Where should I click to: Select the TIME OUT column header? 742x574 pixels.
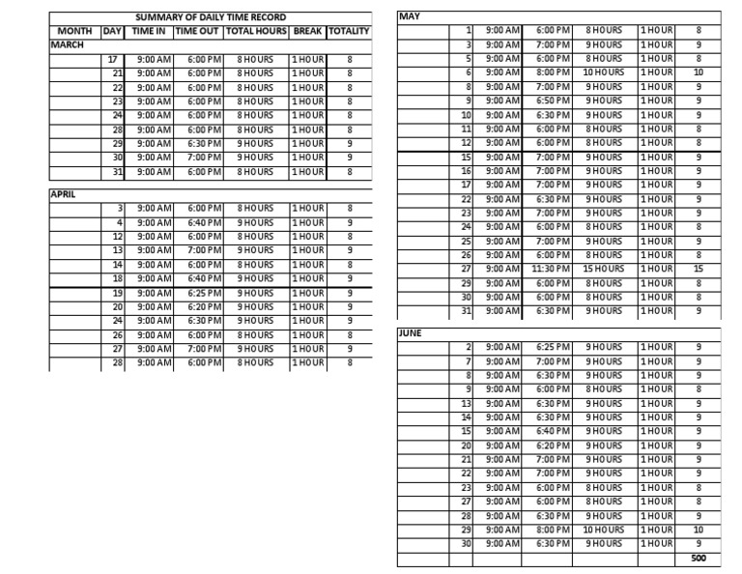198,31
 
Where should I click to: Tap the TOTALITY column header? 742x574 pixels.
349,31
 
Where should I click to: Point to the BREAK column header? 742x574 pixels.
307,31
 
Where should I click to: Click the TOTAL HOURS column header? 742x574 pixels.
255,31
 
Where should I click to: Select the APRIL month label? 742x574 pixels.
63,193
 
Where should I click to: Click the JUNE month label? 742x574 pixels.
411,332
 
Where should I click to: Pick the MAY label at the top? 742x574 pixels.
410,16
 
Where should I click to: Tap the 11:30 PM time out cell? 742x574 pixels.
553,269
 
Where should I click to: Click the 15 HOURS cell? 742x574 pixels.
604,269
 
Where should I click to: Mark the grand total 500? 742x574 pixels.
699,559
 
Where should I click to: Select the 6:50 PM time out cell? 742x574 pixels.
553,100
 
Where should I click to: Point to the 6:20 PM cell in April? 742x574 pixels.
205,306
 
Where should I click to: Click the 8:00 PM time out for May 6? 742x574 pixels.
553,72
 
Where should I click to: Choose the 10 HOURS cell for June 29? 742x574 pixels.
604,530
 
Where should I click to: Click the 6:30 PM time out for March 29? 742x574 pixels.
205,143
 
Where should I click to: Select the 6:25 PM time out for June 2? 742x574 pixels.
553,347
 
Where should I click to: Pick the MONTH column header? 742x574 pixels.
74,31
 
